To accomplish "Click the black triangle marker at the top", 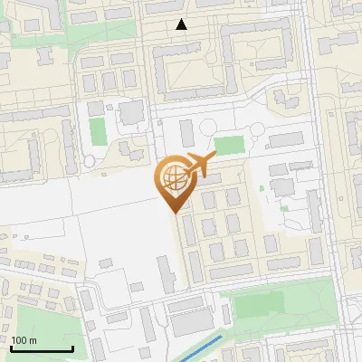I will (182, 24).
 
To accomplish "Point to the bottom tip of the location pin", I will (172, 214).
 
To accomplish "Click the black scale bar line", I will (42, 348).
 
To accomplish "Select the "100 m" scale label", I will (24, 340).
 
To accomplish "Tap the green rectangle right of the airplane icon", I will (230, 145).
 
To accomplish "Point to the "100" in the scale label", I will (19, 340).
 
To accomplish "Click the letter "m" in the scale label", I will (32, 340).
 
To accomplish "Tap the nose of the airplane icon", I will (214, 157).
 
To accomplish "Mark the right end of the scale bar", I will (72, 348).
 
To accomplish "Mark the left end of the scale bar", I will (11, 348).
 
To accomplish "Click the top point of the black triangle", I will (182, 19).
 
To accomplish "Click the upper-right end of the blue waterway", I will (222, 337).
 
